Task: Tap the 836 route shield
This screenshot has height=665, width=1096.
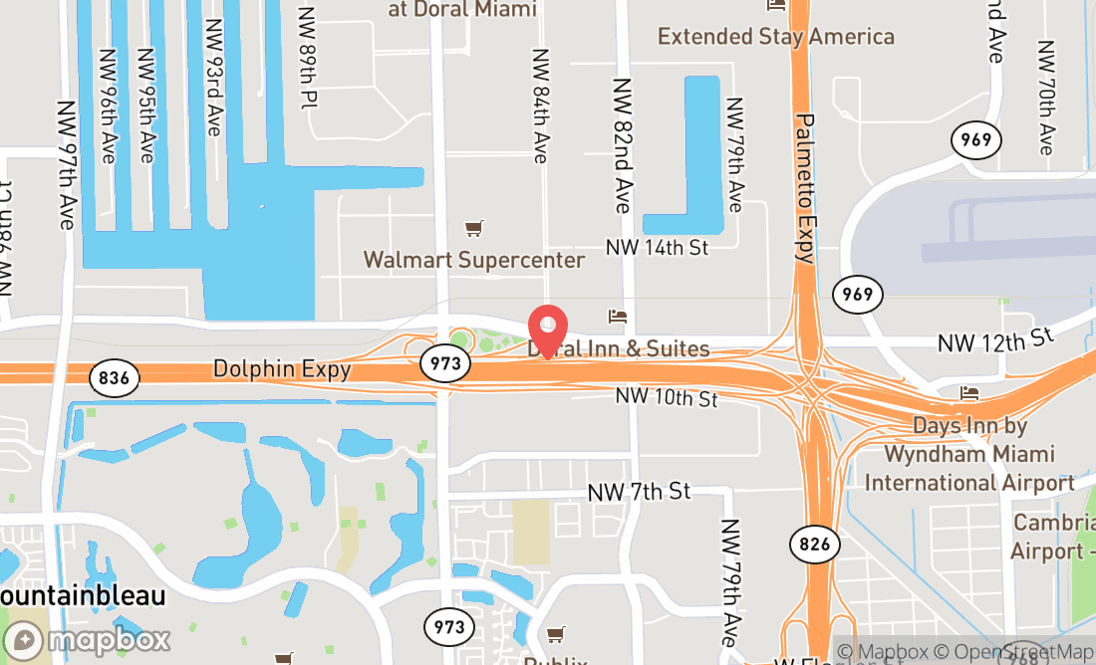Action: click(x=114, y=377)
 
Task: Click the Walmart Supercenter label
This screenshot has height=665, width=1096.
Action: click(x=474, y=260)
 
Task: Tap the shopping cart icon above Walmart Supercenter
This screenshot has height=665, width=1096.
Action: click(x=474, y=230)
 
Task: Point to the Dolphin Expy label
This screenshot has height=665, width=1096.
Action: click(x=282, y=369)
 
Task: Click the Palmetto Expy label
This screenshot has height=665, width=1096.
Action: click(x=805, y=188)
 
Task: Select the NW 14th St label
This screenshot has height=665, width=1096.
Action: click(x=657, y=246)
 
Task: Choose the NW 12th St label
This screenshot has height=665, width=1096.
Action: click(x=995, y=341)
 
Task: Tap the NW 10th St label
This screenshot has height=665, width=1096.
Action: click(x=667, y=397)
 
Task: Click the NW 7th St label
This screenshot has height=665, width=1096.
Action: click(x=639, y=491)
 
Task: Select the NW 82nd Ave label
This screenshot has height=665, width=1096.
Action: click(x=623, y=146)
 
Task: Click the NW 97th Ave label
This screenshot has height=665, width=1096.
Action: click(x=67, y=165)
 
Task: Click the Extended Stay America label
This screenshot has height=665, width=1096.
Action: click(x=776, y=37)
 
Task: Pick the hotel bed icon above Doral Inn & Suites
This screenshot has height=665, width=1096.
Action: click(x=618, y=318)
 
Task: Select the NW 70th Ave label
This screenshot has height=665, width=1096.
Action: click(x=1045, y=98)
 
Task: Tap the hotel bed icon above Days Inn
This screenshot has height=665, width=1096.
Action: click(x=969, y=393)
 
